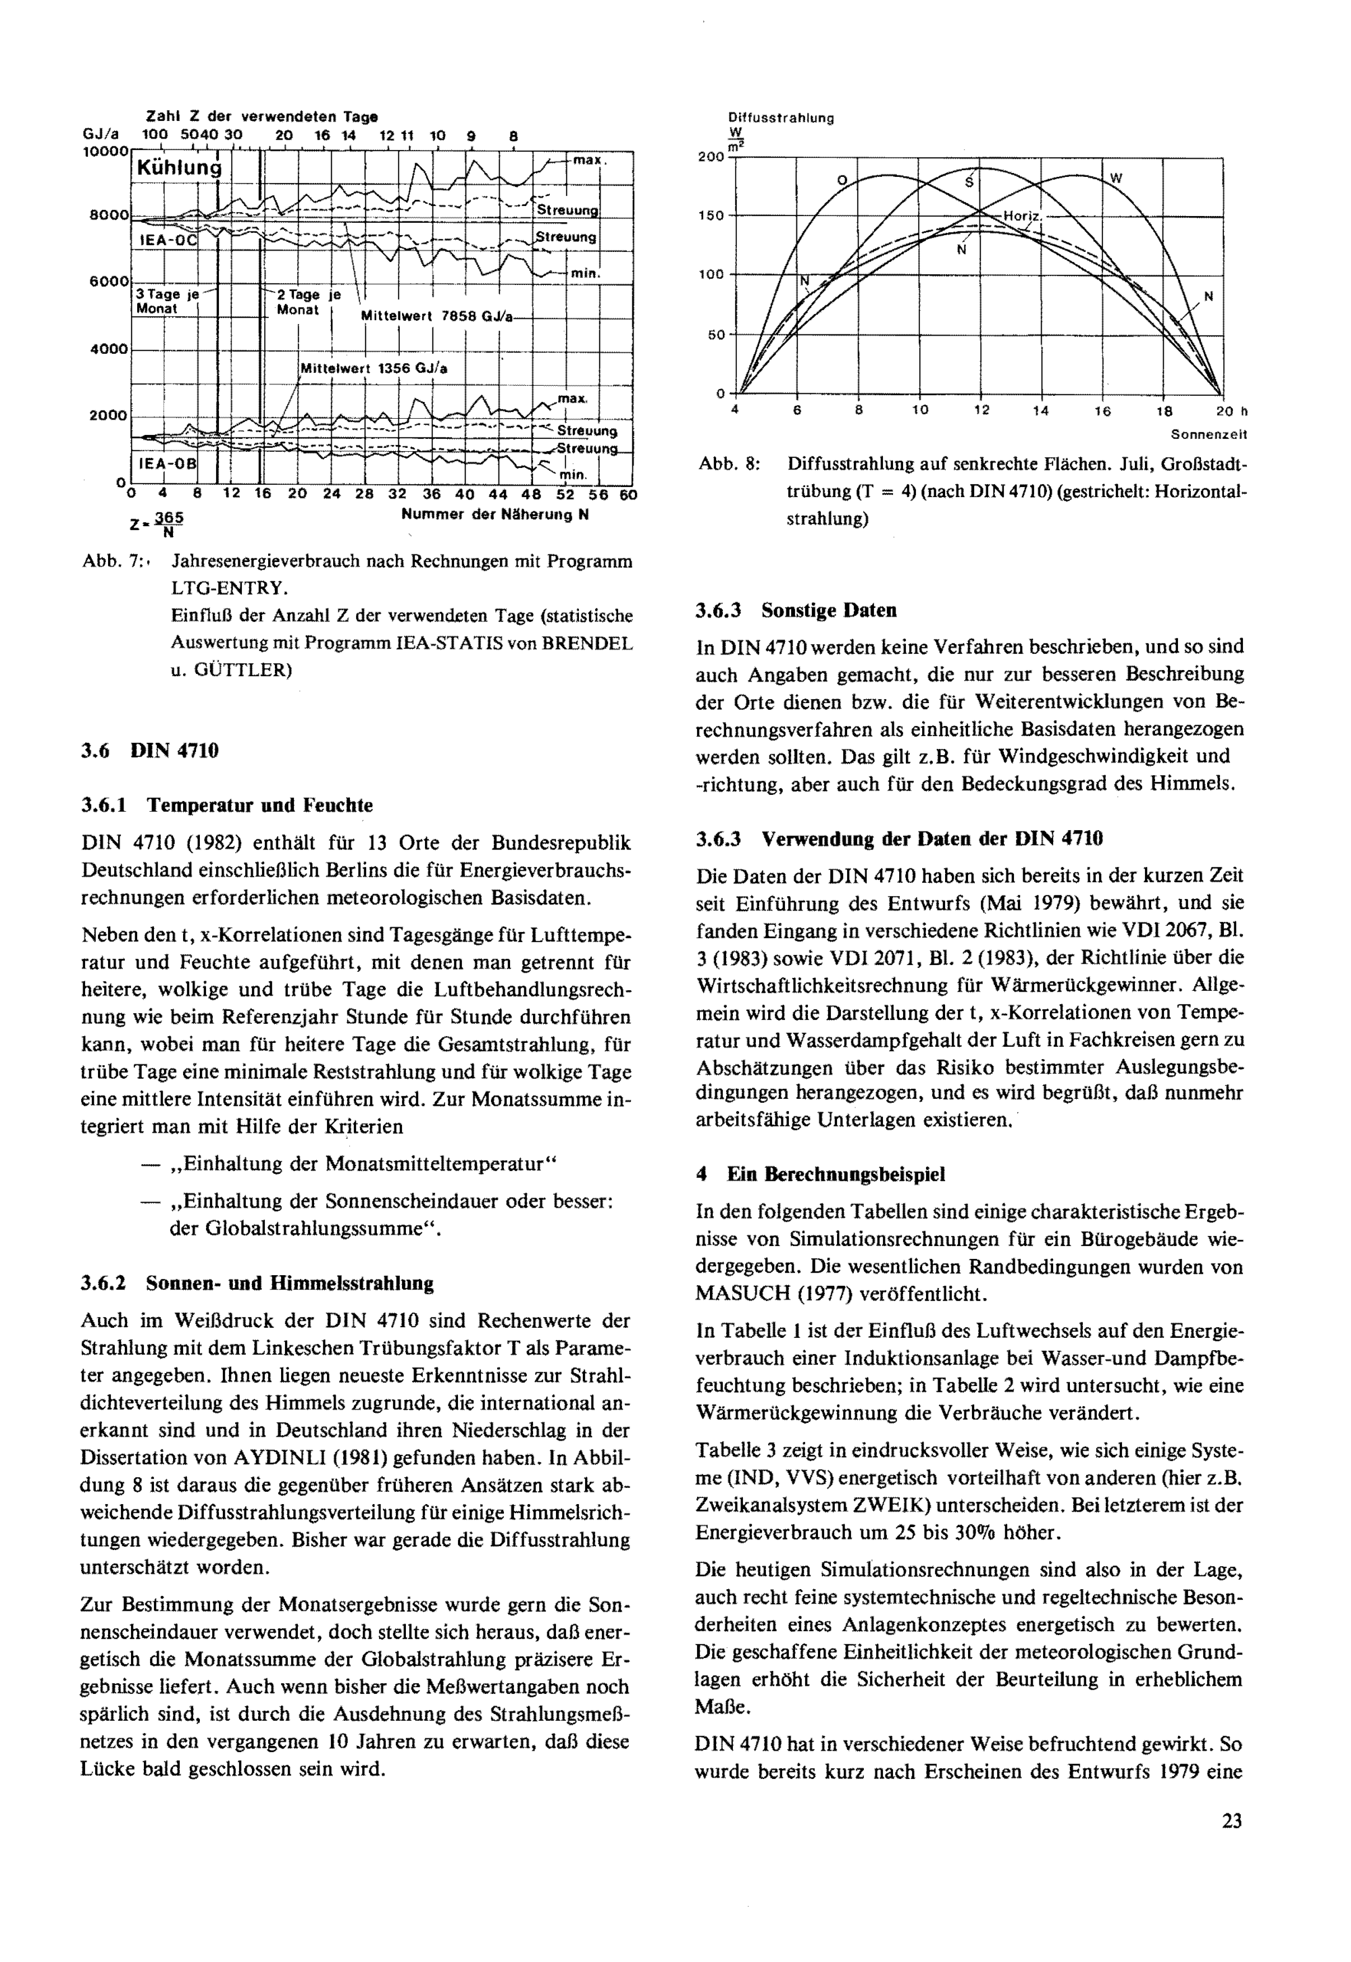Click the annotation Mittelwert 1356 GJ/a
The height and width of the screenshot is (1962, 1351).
tap(374, 368)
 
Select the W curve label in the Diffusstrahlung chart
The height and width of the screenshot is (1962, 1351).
tap(1117, 178)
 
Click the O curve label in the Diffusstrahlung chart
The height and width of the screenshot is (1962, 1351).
tap(842, 180)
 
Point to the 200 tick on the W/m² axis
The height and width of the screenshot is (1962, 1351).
tap(711, 157)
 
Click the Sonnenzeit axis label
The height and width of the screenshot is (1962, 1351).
tap(1208, 435)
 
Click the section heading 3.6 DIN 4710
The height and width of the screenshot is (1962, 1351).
tap(150, 751)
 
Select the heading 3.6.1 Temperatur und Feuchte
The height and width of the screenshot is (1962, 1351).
tap(227, 805)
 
